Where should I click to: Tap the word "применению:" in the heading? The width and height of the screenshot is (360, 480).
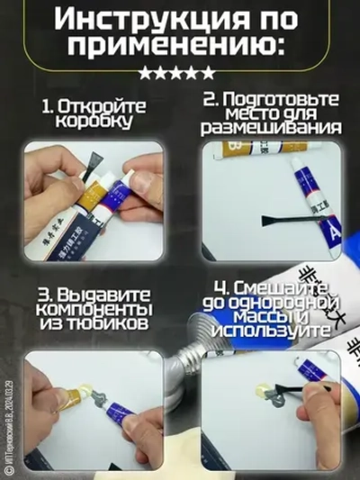(179, 50)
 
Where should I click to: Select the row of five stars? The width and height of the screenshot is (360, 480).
(180, 73)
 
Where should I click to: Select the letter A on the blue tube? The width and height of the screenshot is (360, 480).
(334, 235)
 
